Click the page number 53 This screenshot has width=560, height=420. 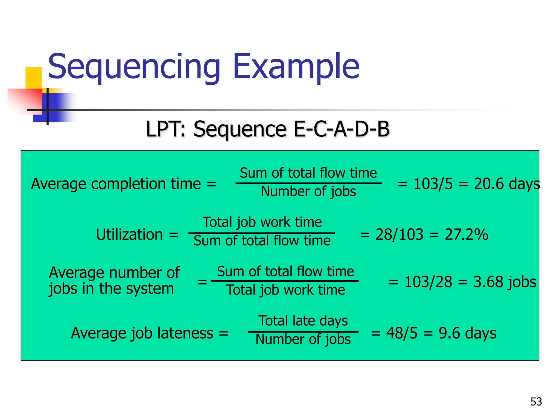pyautogui.click(x=536, y=402)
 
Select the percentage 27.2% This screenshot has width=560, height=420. pyautogui.click(x=466, y=235)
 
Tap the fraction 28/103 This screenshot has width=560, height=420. pyautogui.click(x=399, y=235)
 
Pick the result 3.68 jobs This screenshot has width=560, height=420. pyautogui.click(x=504, y=282)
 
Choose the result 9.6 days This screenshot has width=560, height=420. pyautogui.click(x=467, y=333)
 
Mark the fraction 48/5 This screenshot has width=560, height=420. pyautogui.click(x=402, y=333)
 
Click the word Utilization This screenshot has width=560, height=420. pyautogui.click(x=129, y=235)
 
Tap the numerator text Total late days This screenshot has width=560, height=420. pyautogui.click(x=303, y=321)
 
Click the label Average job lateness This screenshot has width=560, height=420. pyautogui.click(x=142, y=333)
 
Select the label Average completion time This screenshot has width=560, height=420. pyautogui.click(x=116, y=184)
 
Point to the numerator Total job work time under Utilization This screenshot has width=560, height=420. pyautogui.click(x=262, y=222)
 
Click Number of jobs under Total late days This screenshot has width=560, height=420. pyautogui.click(x=303, y=339)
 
